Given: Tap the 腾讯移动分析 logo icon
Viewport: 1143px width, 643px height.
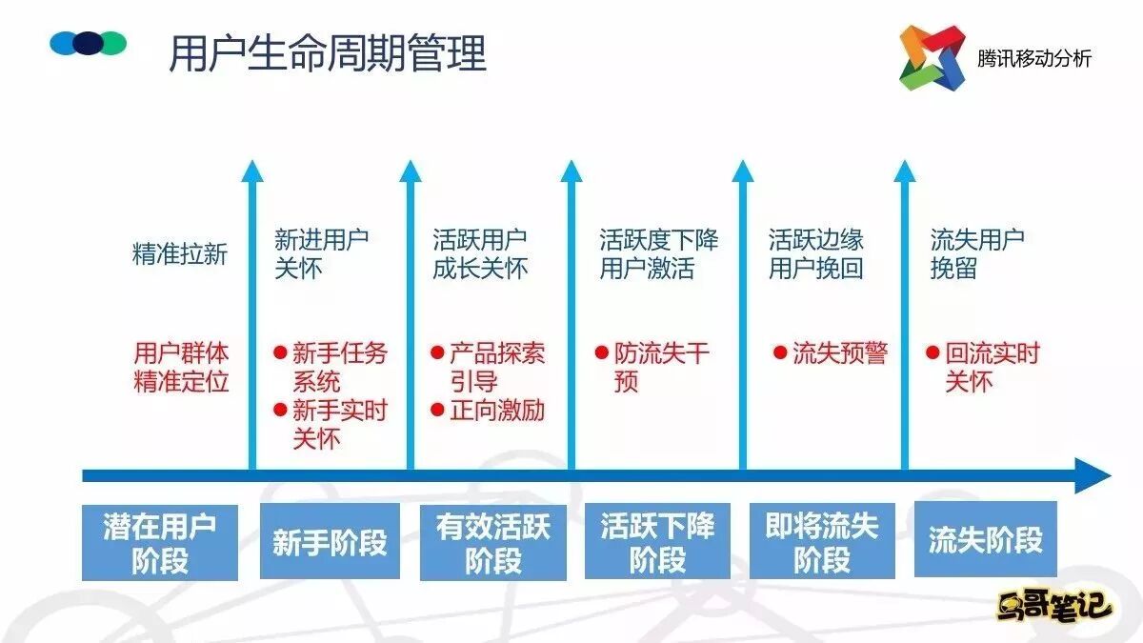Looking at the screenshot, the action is click(x=932, y=57).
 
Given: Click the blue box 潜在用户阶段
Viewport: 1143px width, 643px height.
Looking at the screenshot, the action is click(x=159, y=542).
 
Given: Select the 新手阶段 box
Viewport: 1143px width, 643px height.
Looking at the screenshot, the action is click(x=330, y=542).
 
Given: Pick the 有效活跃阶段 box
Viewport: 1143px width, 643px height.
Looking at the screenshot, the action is click(x=493, y=542).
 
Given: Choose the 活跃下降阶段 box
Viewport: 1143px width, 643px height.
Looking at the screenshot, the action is click(x=657, y=542).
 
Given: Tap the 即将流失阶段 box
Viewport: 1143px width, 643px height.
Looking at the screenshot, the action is click(x=822, y=541).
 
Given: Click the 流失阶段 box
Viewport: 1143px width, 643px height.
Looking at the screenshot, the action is click(x=985, y=540).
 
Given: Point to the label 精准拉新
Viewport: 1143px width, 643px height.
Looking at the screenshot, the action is click(x=180, y=254).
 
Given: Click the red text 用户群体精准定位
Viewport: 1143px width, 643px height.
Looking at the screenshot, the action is click(x=181, y=367).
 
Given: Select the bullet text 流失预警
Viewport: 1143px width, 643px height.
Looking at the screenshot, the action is click(x=839, y=353).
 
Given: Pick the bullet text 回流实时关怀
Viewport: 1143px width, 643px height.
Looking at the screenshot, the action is click(x=992, y=367).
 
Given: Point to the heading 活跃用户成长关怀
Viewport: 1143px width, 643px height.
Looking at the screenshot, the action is click(x=480, y=254).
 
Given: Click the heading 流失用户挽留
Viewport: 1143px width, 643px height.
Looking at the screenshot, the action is click(x=977, y=254).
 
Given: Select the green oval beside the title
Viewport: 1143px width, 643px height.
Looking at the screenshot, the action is click(x=113, y=43).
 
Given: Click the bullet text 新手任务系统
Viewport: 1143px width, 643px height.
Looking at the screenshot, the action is click(x=339, y=367).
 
